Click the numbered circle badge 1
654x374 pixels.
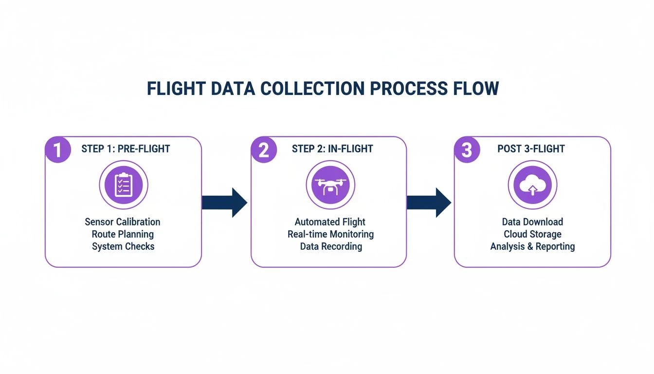point(57,150)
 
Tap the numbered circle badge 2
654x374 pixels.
point(263,150)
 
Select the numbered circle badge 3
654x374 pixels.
point(467,150)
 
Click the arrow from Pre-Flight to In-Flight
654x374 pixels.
point(224,202)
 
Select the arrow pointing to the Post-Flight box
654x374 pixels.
point(429,202)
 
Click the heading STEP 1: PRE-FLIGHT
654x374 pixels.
point(126,149)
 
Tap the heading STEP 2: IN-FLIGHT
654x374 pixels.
point(332,149)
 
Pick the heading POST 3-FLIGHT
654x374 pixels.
point(531,149)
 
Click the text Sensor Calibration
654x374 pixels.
point(123,222)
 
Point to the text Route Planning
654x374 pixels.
point(123,234)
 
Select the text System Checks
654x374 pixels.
point(123,246)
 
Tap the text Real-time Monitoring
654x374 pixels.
point(330,234)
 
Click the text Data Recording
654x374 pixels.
point(331,246)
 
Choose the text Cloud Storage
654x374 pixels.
point(532,234)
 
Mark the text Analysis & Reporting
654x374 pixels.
point(532,246)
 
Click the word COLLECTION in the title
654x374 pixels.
point(311,89)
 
